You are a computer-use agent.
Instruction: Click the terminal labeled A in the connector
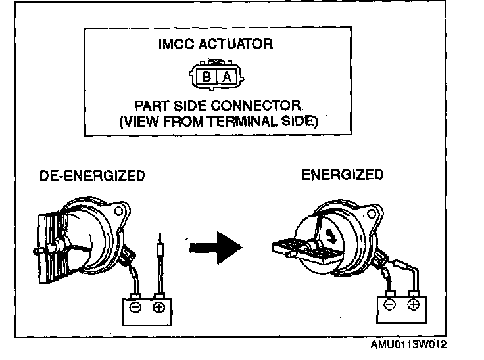click(226, 76)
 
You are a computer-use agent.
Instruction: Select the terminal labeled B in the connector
click(206, 76)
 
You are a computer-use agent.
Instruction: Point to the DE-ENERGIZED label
click(92, 176)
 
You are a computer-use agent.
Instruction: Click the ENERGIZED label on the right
click(342, 175)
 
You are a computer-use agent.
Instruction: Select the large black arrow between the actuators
click(216, 248)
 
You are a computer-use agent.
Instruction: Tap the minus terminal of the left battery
click(135, 307)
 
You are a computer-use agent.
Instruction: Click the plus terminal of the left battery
click(158, 307)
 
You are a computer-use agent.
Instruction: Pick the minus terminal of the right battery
click(389, 304)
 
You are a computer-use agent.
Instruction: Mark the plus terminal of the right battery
click(413, 304)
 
